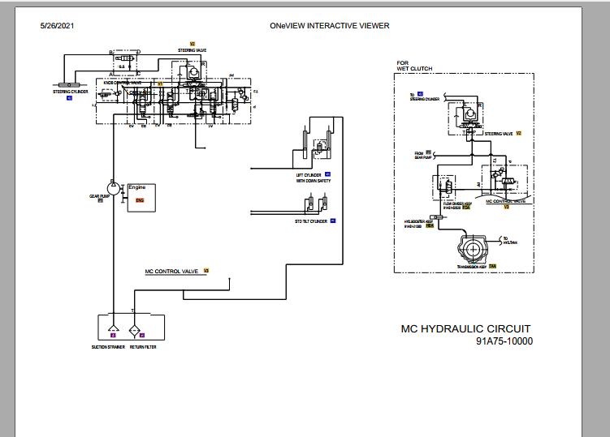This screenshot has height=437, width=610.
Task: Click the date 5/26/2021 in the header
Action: pos(58,26)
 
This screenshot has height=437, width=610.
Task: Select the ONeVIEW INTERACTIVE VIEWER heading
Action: pos(329,26)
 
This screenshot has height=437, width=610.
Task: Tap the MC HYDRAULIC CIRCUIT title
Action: pos(466,329)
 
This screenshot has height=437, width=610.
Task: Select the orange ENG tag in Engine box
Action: pos(140,199)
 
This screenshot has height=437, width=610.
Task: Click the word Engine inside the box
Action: pos(137,187)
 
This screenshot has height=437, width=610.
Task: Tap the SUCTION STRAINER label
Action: pos(107,347)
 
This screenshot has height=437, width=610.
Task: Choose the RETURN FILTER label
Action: pos(143,347)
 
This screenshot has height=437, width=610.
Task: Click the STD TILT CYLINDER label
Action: pos(311,221)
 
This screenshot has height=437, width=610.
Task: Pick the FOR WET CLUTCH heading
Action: pos(413,66)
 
